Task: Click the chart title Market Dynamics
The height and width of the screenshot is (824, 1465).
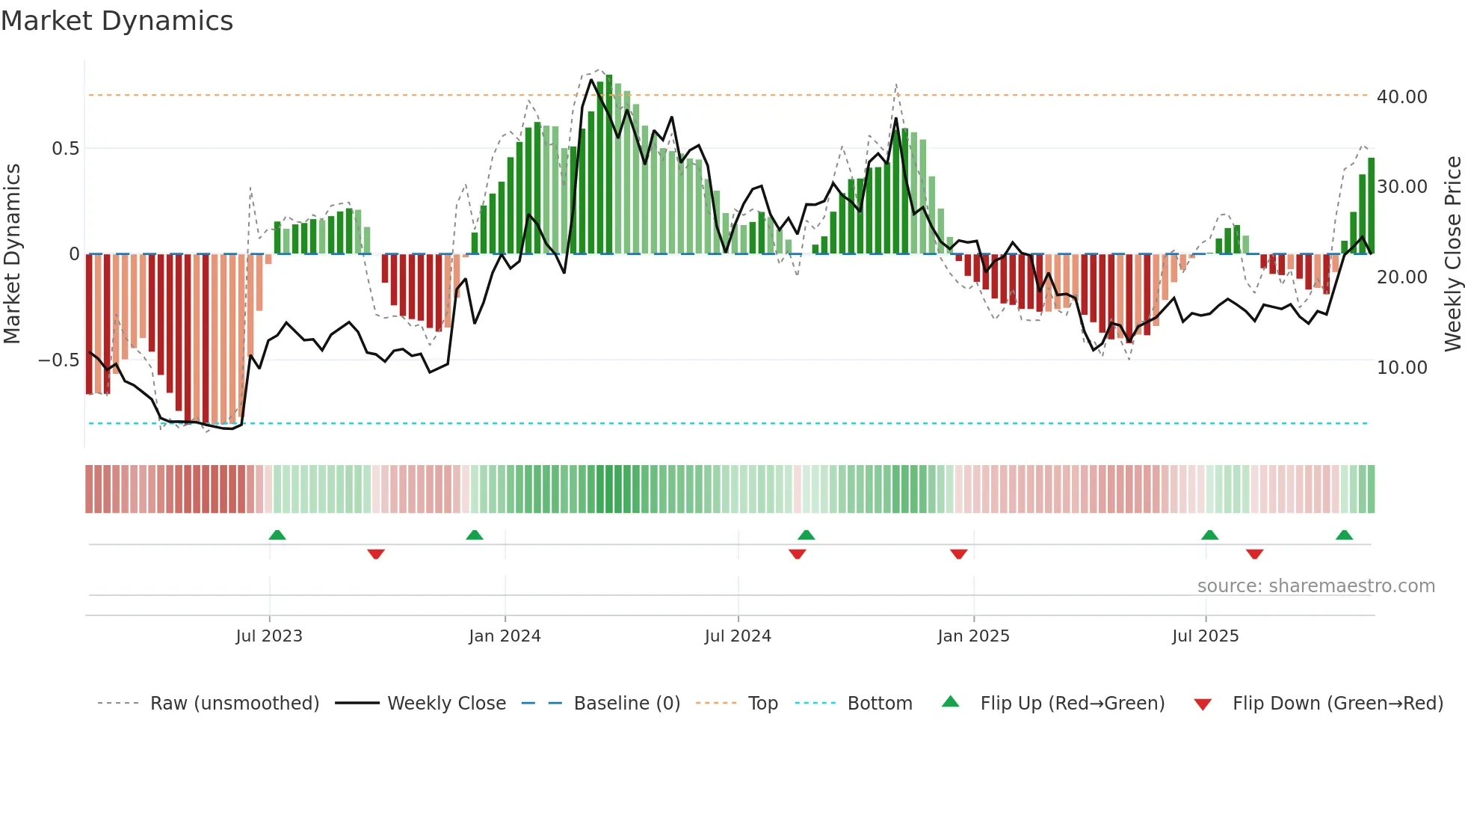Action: click(117, 21)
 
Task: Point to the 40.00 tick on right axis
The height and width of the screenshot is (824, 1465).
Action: click(1401, 97)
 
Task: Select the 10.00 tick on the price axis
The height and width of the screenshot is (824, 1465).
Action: click(1401, 368)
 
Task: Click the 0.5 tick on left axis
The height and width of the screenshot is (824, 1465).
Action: click(65, 149)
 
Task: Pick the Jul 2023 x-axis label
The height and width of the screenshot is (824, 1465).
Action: click(269, 636)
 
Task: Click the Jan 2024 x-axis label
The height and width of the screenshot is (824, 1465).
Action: click(505, 636)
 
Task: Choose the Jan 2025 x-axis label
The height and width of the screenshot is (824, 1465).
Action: click(973, 636)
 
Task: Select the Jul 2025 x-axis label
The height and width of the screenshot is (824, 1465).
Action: click(1205, 636)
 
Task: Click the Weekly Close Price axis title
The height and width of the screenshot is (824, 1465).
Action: click(1452, 254)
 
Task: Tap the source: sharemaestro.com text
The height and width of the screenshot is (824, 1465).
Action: click(1316, 586)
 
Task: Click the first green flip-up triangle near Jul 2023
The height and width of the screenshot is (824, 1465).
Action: click(277, 535)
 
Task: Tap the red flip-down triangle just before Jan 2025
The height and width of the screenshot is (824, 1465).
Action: click(959, 554)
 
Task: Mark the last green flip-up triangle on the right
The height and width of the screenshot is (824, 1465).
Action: click(1344, 535)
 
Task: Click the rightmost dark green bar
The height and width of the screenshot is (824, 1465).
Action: click(1371, 206)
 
